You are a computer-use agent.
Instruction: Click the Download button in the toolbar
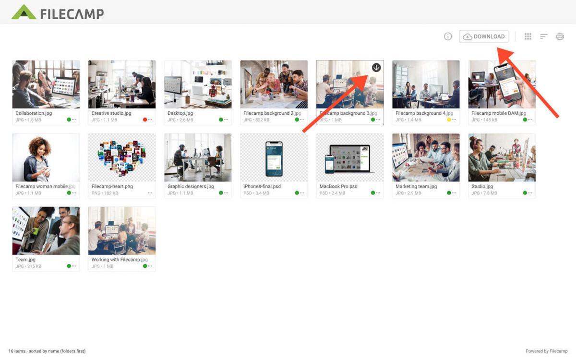click(484, 36)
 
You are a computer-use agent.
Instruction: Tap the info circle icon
click(448, 36)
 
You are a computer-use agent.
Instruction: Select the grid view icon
click(528, 36)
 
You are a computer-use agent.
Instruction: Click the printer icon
click(560, 36)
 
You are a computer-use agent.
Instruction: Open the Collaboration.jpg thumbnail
click(46, 84)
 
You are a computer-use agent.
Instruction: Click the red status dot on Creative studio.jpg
click(145, 120)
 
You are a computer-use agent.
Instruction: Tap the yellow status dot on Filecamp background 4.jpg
click(449, 120)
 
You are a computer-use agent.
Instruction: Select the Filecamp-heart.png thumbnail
click(122, 157)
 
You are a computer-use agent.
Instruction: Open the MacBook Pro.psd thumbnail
click(350, 157)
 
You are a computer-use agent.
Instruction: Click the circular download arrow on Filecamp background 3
click(376, 68)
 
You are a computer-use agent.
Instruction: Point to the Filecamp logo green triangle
click(24, 12)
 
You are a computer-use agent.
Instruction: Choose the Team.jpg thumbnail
click(46, 230)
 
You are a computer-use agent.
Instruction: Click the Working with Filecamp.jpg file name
click(120, 260)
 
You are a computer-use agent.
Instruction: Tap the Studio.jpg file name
click(482, 186)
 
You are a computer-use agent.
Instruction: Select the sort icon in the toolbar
click(544, 36)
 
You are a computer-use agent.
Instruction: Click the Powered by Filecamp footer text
click(546, 351)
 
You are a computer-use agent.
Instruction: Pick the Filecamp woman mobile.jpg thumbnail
click(46, 157)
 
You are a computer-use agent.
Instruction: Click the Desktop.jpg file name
click(180, 113)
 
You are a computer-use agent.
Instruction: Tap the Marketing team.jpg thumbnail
click(426, 157)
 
